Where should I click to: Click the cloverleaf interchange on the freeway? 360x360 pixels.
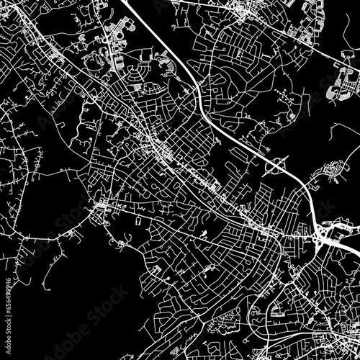pos(277,168)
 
